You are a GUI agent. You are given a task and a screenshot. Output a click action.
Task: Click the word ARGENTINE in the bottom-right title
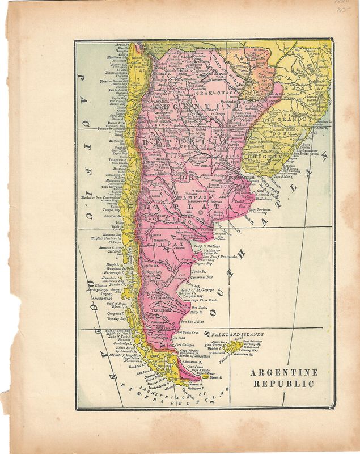click(283, 373)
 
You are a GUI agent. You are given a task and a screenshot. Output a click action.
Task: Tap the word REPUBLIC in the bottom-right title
click(283, 384)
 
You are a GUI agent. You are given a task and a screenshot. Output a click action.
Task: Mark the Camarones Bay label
click(201, 278)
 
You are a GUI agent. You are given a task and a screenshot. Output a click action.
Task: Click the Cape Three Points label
click(205, 300)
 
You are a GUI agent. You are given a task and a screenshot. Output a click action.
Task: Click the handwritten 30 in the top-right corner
click(341, 9)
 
